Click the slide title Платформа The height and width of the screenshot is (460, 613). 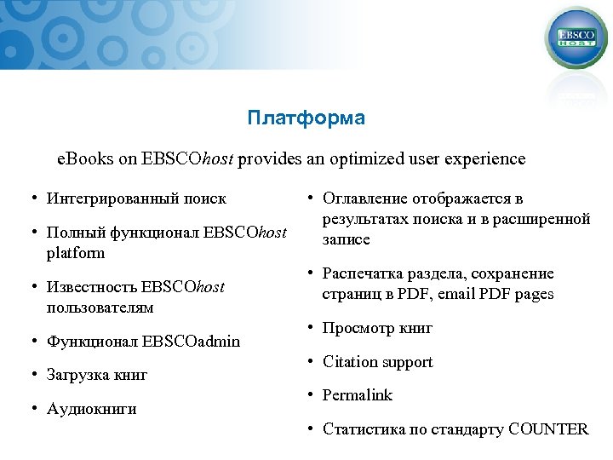pos(306,118)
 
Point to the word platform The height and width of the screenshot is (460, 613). pos(76,253)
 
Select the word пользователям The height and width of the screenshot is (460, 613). pos(100,307)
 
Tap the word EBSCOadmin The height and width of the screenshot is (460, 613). pos(192,342)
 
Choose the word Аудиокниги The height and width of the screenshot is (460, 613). pos(92,409)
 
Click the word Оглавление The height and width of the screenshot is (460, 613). pos(364,198)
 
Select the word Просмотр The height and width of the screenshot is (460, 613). pos(353,328)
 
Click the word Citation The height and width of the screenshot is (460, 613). pos(350,362)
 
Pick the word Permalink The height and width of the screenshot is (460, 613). pos(358,395)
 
